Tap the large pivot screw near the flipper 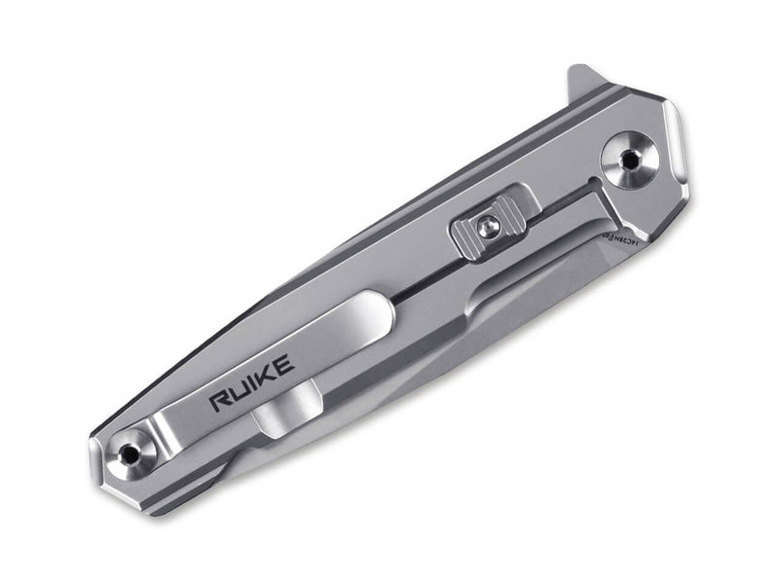(625, 158)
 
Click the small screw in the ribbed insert (490, 228)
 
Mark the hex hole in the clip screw (128, 452)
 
